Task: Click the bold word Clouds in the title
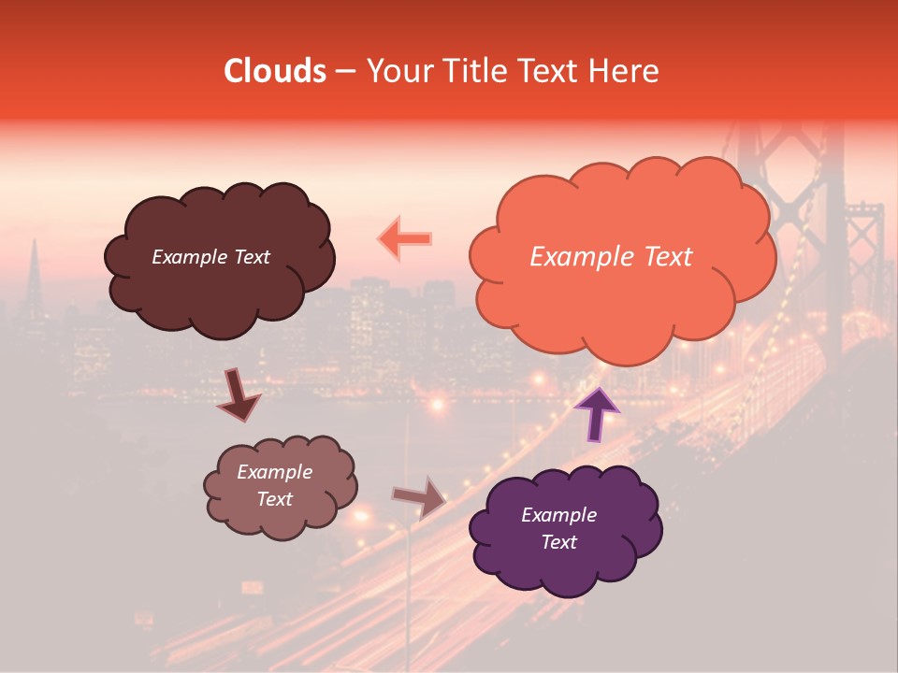tap(274, 71)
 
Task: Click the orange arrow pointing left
tap(405, 238)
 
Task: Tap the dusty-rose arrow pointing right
tap(420, 497)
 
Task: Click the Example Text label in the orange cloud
tap(611, 257)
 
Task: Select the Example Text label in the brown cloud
tap(210, 257)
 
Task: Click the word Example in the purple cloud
tap(558, 515)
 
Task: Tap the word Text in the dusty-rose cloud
tap(275, 499)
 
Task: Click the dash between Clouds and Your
tap(344, 72)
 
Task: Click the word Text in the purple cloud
tap(558, 542)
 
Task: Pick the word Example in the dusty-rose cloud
tap(275, 472)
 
